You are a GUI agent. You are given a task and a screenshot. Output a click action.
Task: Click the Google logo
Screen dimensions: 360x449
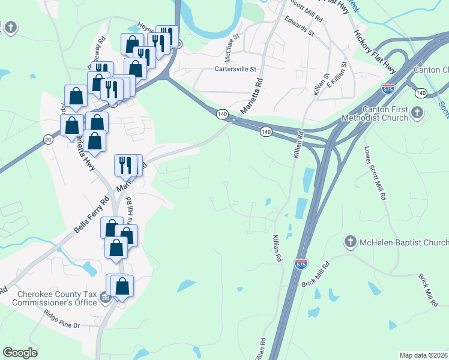[20, 353]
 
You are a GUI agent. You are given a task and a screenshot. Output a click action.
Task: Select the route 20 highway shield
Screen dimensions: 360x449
[47, 139]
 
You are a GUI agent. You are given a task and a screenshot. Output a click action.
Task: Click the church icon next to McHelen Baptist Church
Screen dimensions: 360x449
[350, 242]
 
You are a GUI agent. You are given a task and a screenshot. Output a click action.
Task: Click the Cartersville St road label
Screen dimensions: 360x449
[235, 69]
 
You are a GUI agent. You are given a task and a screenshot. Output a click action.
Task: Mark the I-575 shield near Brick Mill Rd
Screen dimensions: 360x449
[301, 263]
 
